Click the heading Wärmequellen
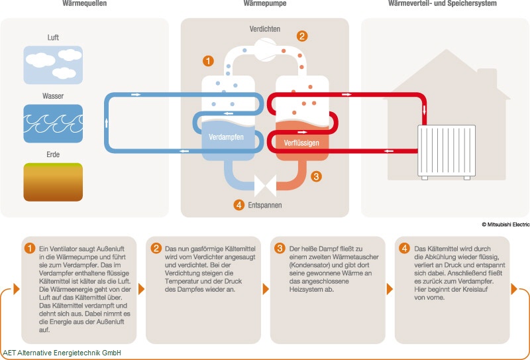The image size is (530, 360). pyautogui.click(x=83, y=4)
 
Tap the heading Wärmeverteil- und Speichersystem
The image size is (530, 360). pyautogui.click(x=442, y=4)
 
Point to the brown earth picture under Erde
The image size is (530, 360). pyautogui.click(x=53, y=182)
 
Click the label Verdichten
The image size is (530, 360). pyautogui.click(x=264, y=29)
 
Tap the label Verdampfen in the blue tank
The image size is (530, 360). pyautogui.click(x=227, y=137)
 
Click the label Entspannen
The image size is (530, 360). pyautogui.click(x=265, y=205)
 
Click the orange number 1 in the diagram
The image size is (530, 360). pyautogui.click(x=208, y=62)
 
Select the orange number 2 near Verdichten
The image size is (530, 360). pyautogui.click(x=302, y=36)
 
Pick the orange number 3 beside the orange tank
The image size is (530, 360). pyautogui.click(x=316, y=176)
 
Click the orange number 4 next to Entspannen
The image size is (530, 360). pyautogui.click(x=239, y=205)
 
